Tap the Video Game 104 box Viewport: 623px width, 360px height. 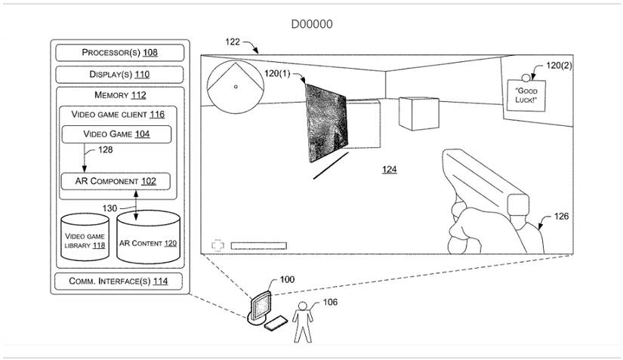point(116,134)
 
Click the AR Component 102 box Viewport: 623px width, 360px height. point(116,182)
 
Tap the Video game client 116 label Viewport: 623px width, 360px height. point(118,115)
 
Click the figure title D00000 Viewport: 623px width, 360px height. point(312,24)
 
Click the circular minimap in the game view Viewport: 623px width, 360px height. point(236,86)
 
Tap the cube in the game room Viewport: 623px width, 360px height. point(415,114)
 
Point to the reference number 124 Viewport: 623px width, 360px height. point(389,170)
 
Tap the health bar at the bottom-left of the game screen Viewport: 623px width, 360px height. point(258,245)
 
